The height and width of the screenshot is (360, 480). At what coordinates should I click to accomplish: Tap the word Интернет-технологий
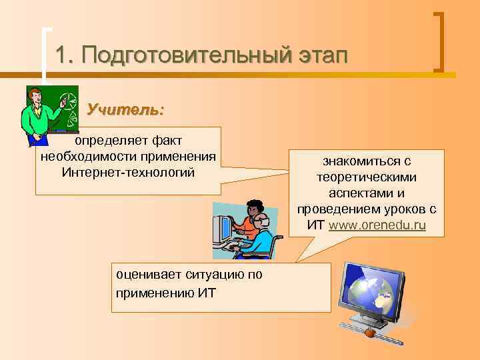coord(128,173)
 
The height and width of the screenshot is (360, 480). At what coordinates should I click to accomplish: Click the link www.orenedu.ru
coord(377,225)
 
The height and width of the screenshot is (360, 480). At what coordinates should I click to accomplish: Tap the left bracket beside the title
coord(45,53)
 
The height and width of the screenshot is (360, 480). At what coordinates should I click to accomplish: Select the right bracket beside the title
coord(439,41)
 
